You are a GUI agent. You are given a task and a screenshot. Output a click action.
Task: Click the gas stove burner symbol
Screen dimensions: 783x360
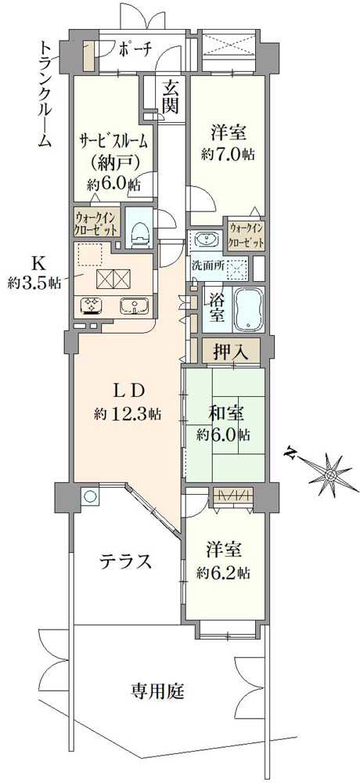(88, 306)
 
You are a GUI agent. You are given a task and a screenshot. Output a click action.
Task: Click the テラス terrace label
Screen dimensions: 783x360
(124, 561)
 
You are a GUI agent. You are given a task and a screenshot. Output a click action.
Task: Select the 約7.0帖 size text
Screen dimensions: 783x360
(227, 154)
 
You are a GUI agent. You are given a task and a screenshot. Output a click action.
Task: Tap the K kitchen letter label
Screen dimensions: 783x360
(36, 263)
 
